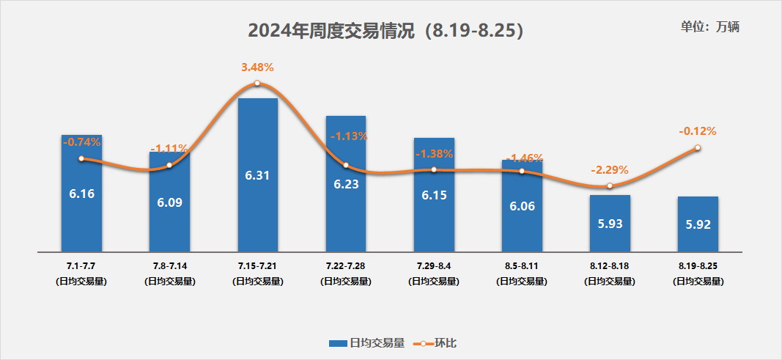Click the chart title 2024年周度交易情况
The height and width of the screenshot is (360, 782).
coord(386,31)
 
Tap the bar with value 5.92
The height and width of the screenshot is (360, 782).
coord(698,223)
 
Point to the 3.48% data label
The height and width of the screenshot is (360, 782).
coord(257,67)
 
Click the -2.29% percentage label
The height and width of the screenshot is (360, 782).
coord(610,169)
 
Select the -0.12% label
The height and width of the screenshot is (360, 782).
coord(697,131)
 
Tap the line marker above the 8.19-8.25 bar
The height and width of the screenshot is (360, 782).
coord(698,147)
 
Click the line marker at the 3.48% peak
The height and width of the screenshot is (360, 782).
coord(257,84)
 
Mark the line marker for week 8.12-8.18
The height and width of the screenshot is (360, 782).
coord(610,186)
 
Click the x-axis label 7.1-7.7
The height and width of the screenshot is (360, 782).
coord(81,265)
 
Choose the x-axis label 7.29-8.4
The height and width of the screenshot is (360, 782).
coord(434,265)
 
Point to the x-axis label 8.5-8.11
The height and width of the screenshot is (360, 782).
coord(522,265)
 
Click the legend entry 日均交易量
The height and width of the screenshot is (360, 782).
coord(366,342)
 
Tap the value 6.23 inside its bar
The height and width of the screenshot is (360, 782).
coord(346,185)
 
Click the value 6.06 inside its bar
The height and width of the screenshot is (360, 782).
coord(522,206)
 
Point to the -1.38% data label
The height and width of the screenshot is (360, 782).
coord(434,154)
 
